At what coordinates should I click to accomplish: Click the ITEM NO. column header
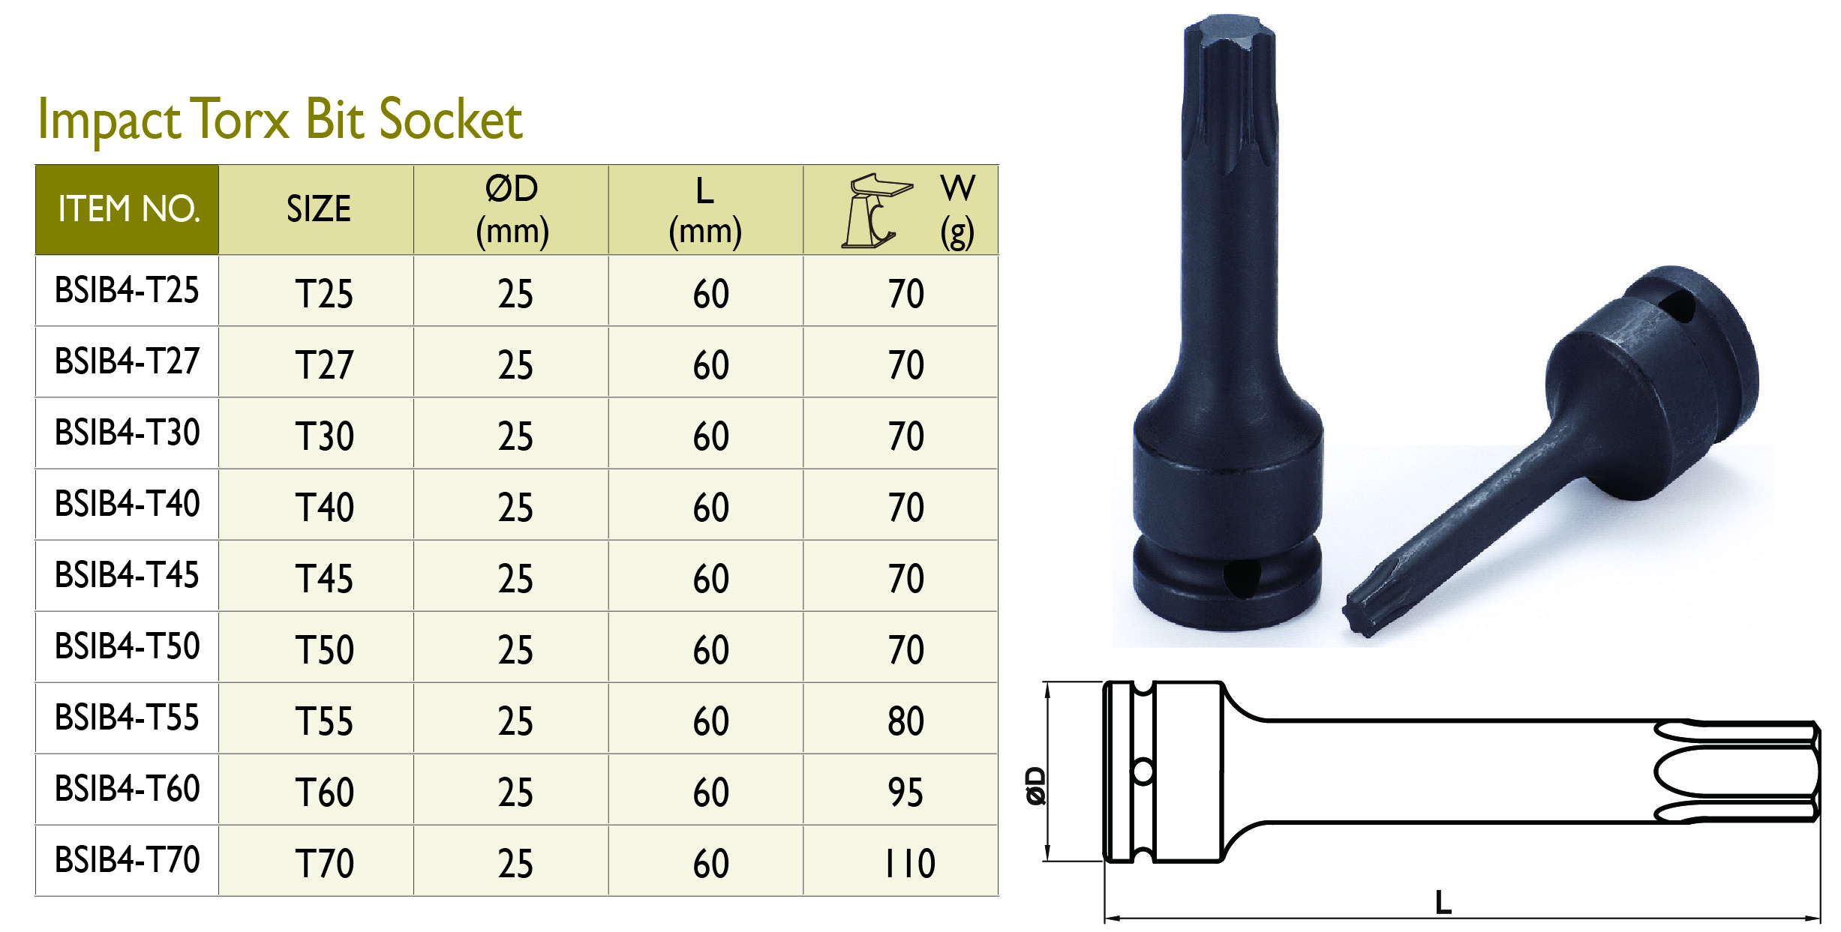(x=128, y=209)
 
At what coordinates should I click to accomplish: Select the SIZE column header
(x=318, y=209)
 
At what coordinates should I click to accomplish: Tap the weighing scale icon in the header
(x=875, y=211)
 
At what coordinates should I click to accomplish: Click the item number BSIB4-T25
(x=127, y=291)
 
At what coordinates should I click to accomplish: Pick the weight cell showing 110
(x=909, y=863)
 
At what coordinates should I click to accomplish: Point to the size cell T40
(x=323, y=507)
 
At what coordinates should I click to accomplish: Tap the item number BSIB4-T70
(x=127, y=860)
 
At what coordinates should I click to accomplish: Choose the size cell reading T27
(x=323, y=364)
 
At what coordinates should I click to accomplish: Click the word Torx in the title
(x=239, y=119)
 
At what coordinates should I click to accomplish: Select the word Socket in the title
(x=450, y=119)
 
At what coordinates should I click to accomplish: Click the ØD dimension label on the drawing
(x=1036, y=785)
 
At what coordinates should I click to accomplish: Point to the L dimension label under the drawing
(x=1443, y=903)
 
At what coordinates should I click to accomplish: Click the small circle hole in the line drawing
(x=1143, y=771)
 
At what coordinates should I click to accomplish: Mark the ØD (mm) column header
(x=512, y=209)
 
